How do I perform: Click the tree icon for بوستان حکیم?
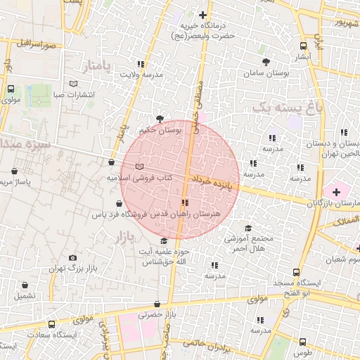coord(160,119)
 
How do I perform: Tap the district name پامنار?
coord(98,67)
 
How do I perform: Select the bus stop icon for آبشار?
coord(303,45)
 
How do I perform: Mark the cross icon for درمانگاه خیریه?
coord(203,14)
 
